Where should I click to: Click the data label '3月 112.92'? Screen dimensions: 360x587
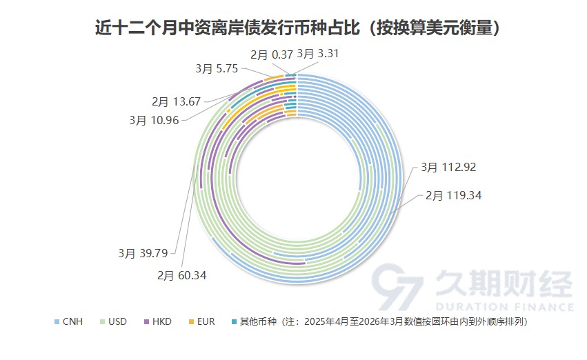[449, 167]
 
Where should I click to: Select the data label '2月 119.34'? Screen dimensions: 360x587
[452, 195]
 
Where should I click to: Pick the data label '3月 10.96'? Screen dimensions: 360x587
[154, 119]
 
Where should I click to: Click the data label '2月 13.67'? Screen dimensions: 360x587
[176, 101]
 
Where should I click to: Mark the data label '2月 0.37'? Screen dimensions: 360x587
[271, 52]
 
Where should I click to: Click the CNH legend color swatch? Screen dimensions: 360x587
[56, 321]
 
